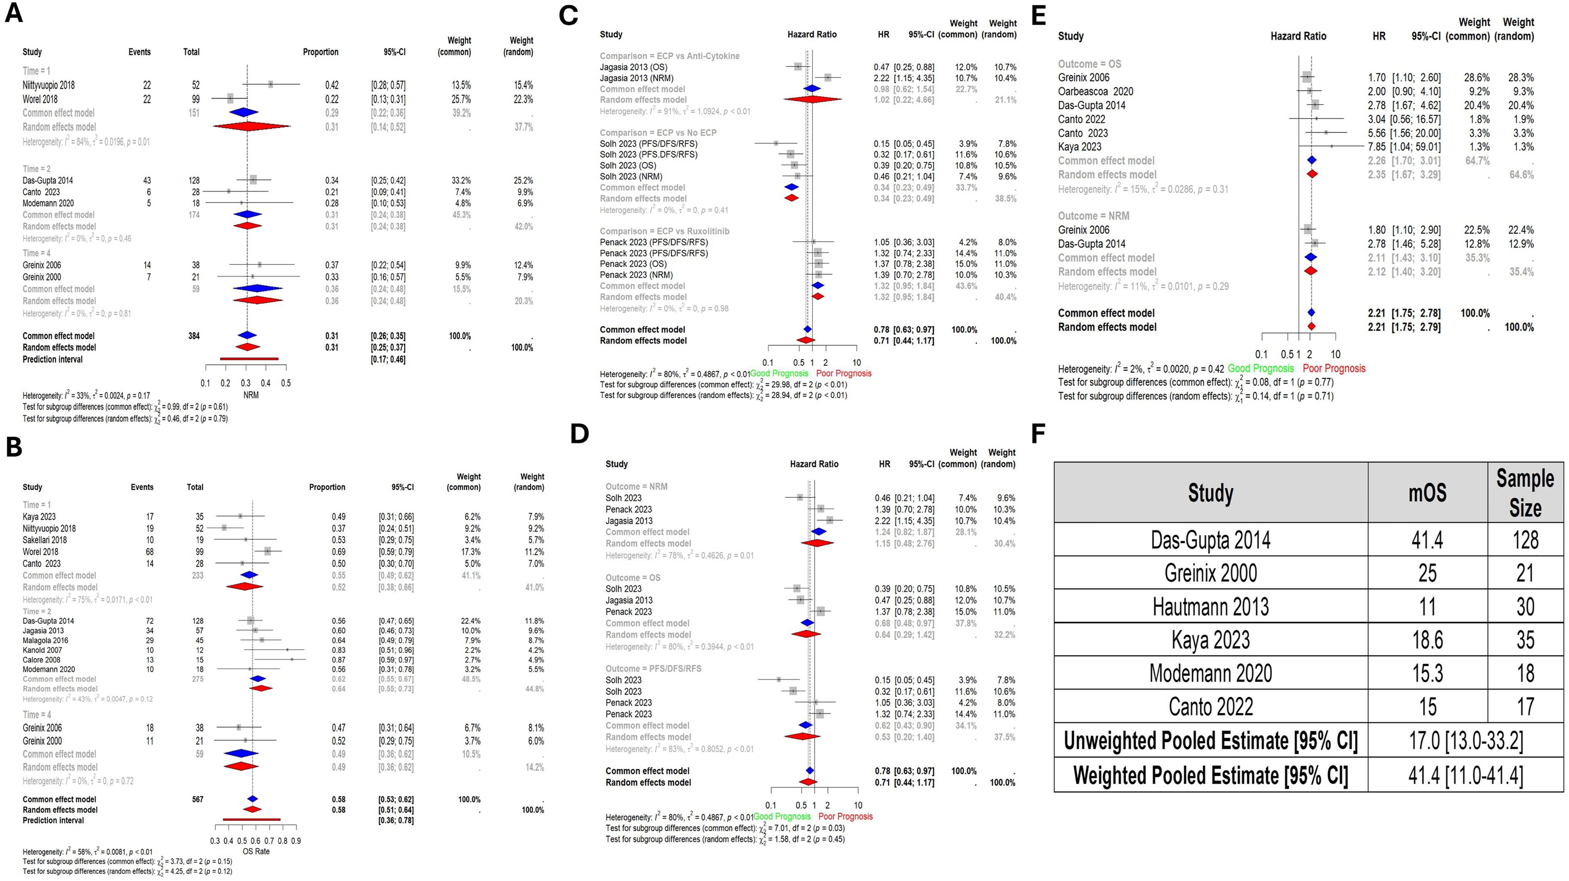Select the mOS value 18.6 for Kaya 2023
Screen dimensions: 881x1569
pos(1427,640)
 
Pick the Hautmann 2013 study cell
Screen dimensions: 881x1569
pos(1210,606)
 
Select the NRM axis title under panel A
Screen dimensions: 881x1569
pos(250,395)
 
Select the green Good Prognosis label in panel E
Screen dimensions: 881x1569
pos(1260,368)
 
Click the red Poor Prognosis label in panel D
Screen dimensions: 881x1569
pos(845,817)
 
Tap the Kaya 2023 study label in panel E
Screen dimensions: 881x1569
pos(1079,147)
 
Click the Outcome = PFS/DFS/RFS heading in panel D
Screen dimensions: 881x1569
pos(653,669)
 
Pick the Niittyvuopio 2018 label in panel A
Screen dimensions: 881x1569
pos(49,85)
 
